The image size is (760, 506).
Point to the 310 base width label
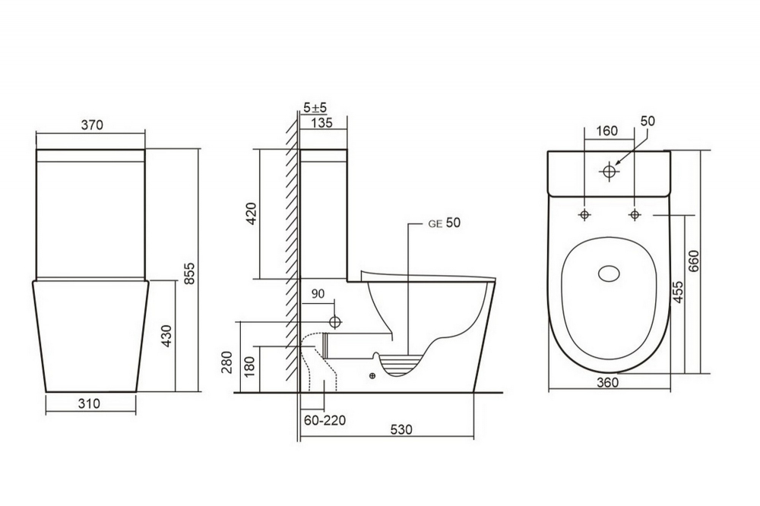tap(90, 404)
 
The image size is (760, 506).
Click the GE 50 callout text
tap(445, 223)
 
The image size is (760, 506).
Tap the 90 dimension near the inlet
tap(318, 293)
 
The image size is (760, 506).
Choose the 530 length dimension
tap(401, 429)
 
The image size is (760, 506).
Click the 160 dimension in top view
tap(606, 131)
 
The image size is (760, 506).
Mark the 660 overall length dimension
tap(693, 262)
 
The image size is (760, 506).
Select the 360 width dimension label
tap(607, 382)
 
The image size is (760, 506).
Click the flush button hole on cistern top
tap(608, 172)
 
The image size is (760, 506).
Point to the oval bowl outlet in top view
tap(609, 274)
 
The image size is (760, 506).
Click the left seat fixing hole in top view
tap(584, 215)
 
